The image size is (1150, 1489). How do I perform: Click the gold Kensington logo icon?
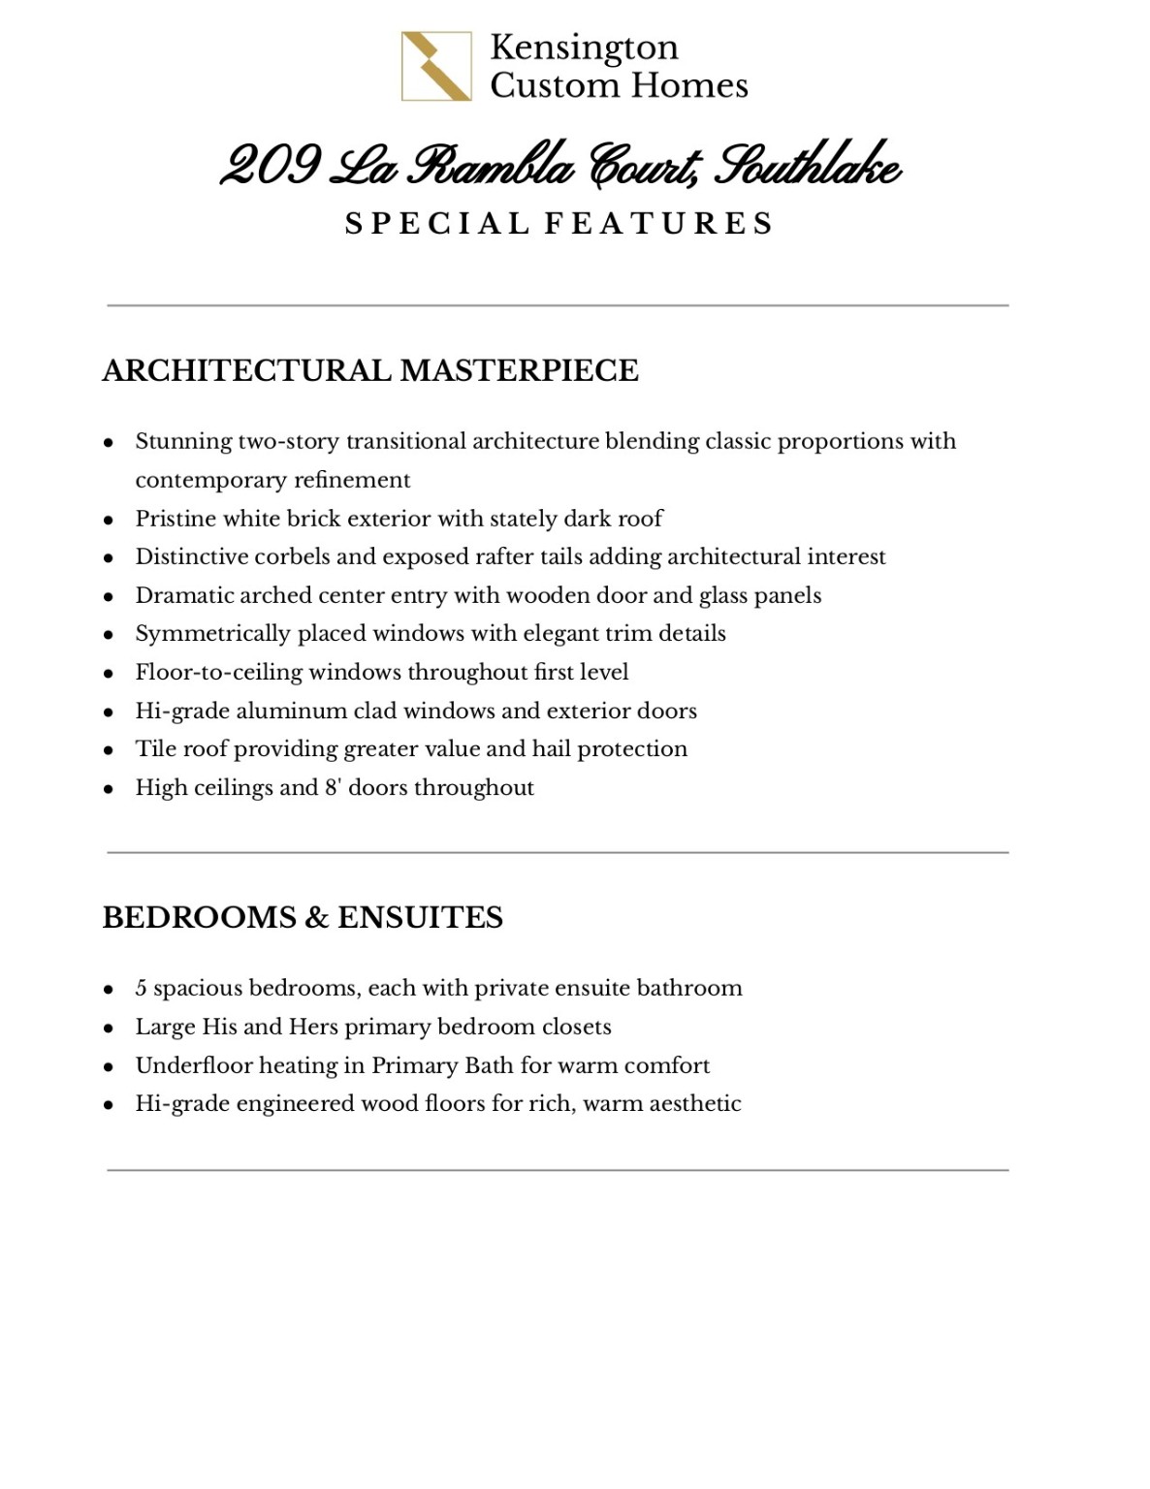[436, 66]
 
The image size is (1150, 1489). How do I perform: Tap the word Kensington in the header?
[584, 48]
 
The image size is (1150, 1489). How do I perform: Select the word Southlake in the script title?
[808, 168]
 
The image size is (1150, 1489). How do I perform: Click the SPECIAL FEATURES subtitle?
[559, 224]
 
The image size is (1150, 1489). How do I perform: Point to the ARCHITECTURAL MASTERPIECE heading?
[370, 370]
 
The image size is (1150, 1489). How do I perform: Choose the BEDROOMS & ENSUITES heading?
[303, 917]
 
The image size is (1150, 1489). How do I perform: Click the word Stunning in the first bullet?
[183, 442]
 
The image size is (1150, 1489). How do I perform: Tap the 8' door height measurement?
[333, 787]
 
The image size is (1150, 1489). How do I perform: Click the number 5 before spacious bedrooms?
[142, 989]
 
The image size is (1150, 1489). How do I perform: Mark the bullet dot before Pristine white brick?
[110, 521]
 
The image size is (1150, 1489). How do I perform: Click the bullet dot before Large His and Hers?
[110, 1029]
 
